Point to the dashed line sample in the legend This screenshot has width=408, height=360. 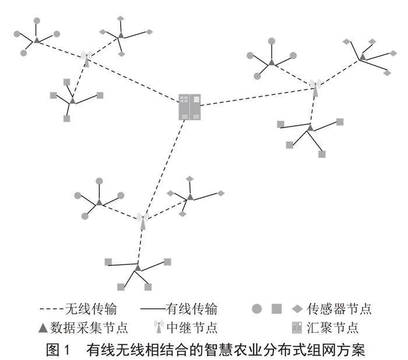52,308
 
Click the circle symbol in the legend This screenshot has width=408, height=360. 256,307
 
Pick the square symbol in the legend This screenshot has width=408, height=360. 277,307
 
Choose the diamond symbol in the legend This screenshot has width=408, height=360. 298,307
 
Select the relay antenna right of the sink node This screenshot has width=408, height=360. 315,88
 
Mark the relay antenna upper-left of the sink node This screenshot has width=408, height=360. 86,59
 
